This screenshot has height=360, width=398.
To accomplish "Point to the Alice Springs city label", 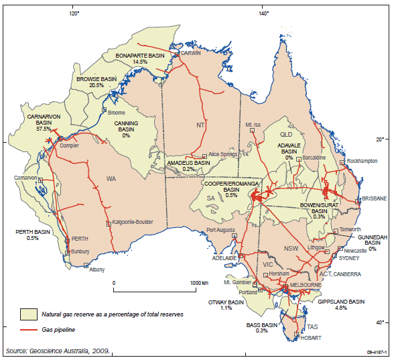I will click(x=223, y=154).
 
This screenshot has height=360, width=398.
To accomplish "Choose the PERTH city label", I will click(x=80, y=239).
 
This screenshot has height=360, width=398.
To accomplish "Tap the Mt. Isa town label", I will click(x=253, y=125).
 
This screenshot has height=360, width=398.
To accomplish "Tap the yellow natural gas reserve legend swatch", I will click(x=27, y=314).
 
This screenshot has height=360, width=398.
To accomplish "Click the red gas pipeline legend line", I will click(x=27, y=331).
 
